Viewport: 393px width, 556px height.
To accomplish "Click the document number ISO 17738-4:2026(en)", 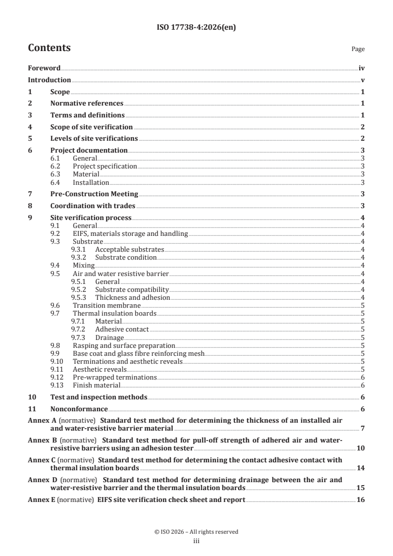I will coord(196,28).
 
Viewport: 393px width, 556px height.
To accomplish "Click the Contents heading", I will coord(49,48).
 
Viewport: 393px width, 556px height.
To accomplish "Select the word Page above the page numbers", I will coord(358,49).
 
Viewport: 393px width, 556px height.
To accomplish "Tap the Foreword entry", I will coord(44,68).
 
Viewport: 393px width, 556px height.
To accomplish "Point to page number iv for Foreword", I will coord(362,68).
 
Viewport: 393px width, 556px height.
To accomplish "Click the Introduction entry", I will coord(49,80).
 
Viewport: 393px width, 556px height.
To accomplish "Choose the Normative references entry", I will coord(87,103).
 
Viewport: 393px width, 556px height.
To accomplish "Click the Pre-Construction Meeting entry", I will coord(94,194).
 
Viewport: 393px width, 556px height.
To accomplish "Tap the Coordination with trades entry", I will coord(93,206).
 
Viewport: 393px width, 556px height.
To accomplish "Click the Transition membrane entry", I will coord(103,305).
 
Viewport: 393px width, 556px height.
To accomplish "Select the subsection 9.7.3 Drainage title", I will coord(110,337).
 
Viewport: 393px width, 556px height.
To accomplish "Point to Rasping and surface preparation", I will coord(124,345).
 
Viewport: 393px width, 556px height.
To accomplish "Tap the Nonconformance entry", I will coord(79,409).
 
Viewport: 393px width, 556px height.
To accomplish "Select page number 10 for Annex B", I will coord(361,448).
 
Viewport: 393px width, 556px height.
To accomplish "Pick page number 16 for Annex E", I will coord(361,500).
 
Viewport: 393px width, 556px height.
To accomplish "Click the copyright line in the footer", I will coord(196,532).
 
